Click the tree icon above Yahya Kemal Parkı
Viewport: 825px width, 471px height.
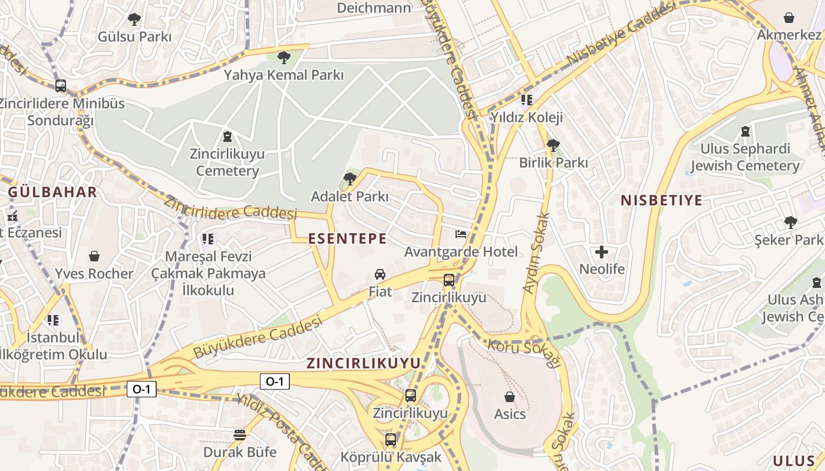click(x=283, y=58)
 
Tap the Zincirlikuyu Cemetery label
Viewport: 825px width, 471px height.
click(x=227, y=162)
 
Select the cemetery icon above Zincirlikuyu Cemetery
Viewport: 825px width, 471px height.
click(x=227, y=137)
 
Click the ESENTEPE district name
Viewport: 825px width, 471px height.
click(x=348, y=238)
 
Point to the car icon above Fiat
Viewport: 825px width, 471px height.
click(x=380, y=274)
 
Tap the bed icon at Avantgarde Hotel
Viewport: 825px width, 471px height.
click(x=461, y=234)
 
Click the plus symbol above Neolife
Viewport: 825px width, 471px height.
click(x=602, y=253)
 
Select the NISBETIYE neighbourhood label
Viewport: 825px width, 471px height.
click(x=661, y=200)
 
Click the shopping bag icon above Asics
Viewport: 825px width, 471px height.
click(x=510, y=397)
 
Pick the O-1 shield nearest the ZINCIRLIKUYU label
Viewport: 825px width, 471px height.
click(x=275, y=382)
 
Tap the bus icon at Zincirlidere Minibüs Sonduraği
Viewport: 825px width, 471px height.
click(x=61, y=86)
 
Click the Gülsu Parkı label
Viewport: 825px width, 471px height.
click(x=134, y=37)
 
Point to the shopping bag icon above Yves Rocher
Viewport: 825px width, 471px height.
click(x=94, y=256)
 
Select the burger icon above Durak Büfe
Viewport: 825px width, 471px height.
click(x=239, y=435)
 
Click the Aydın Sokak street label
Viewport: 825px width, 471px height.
click(x=536, y=253)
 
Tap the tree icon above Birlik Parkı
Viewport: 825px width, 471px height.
click(x=553, y=145)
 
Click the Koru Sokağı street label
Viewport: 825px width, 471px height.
click(x=523, y=350)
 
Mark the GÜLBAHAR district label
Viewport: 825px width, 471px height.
click(x=52, y=192)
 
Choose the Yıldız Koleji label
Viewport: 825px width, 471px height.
click(x=527, y=117)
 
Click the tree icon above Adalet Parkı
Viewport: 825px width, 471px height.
click(x=350, y=179)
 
